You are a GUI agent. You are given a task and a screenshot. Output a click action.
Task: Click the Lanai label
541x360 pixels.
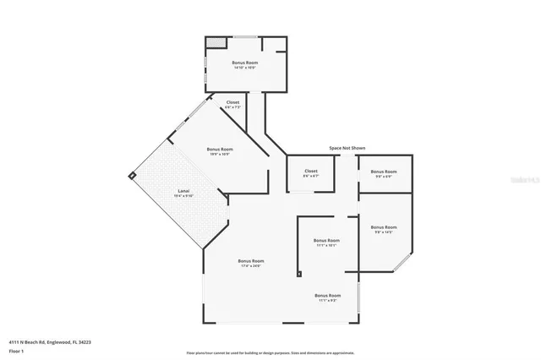[x=183, y=190]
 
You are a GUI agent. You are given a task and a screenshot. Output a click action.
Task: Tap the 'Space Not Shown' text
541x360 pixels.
[x=347, y=148]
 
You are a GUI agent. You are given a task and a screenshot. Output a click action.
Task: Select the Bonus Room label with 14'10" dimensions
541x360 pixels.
[x=245, y=63]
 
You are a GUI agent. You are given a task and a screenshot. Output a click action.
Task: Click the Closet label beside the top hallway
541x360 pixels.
[x=232, y=102]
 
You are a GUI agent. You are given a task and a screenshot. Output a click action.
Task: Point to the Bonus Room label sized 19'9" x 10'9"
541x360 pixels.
[x=220, y=150]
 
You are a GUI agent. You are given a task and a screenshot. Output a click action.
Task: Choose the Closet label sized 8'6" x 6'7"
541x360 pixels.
[x=311, y=172]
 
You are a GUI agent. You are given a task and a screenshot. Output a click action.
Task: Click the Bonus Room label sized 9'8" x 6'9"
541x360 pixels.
[x=383, y=172]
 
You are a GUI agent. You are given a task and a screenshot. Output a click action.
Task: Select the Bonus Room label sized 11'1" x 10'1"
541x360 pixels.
[x=326, y=240]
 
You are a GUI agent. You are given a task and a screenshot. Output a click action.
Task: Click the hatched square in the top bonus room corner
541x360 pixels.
[x=216, y=41]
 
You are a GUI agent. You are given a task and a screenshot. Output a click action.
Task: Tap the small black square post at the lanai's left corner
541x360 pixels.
[x=132, y=176]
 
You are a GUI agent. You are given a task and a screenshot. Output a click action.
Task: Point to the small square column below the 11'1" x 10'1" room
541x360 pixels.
[x=298, y=273]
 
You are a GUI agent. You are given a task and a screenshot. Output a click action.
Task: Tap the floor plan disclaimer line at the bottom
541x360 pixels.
[x=270, y=352]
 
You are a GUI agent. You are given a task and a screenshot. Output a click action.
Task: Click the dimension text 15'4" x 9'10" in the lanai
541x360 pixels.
[x=183, y=195]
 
